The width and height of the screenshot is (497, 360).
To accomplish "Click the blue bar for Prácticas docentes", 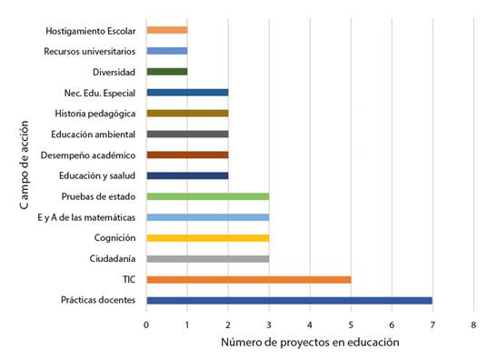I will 289,300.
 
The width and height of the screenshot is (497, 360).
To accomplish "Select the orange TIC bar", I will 248,279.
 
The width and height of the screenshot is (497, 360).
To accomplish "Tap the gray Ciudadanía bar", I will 207,258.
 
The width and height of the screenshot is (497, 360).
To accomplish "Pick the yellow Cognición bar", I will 207,238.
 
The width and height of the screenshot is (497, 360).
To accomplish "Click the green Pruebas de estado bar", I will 207,196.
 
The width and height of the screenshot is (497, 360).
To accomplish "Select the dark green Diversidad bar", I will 166,72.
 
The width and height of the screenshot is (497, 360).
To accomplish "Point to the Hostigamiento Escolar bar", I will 166,30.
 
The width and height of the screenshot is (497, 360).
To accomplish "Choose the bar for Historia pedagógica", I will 186,113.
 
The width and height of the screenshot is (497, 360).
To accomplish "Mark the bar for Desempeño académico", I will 186,155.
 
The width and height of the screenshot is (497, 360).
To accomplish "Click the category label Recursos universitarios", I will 89,51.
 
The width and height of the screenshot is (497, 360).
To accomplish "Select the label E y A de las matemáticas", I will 86,217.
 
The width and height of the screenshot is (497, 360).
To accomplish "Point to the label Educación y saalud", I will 96,175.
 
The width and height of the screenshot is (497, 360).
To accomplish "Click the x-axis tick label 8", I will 473,323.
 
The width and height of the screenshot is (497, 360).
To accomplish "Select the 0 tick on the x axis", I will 146,323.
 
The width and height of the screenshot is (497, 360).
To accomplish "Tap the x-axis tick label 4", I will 310,323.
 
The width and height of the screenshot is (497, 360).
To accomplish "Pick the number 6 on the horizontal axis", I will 392,323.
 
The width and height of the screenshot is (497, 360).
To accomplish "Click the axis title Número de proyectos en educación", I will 309,343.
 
